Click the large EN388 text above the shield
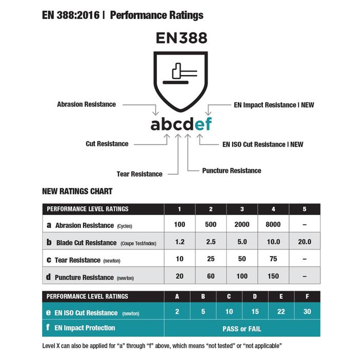coord(181,39)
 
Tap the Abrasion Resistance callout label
coord(86,104)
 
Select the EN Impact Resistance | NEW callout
coord(274,105)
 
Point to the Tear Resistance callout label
coord(139,174)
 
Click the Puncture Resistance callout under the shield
coord(231,170)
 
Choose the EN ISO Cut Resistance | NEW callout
coord(263,145)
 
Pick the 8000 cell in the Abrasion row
coord(273,225)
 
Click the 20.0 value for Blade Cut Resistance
coord(304,242)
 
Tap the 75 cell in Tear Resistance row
coord(273,259)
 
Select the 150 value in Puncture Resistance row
coord(273,276)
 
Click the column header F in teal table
coord(307,296)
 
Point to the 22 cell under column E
coord(281,312)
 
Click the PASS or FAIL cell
coord(242,328)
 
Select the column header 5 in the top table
coord(304,209)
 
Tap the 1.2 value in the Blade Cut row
coord(179,242)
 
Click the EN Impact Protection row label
coord(84,328)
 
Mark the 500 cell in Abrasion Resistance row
coord(210,225)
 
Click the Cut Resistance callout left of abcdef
coord(107,144)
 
